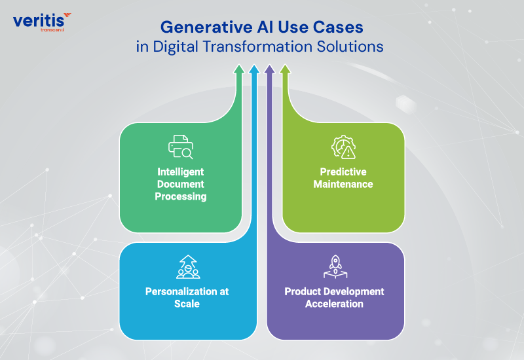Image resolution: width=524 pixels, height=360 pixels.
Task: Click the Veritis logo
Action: click(42, 21)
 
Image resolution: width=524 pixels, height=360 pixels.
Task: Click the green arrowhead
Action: click(239, 68)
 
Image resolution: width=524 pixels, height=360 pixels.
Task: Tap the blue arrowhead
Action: click(254, 68)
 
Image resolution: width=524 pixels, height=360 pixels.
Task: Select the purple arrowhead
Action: click(269, 68)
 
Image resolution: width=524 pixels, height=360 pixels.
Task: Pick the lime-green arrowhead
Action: click(284, 68)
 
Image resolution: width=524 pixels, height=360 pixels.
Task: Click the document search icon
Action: click(181, 147)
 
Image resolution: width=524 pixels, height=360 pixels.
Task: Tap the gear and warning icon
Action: click(343, 147)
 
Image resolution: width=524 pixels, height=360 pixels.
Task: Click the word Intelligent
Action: click(181, 172)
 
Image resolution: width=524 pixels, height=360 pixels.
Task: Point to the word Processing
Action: click(181, 196)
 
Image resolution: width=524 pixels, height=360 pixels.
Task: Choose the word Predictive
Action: click(343, 172)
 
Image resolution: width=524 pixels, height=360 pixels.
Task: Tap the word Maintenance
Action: click(343, 184)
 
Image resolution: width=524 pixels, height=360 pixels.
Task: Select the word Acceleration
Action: click(334, 304)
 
